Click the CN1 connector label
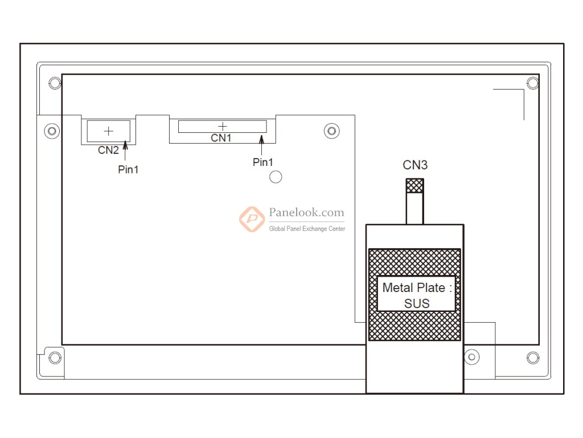221,138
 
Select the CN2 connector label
108,151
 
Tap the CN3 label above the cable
415,165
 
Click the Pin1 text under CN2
128,169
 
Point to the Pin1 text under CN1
262,163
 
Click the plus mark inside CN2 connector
108,131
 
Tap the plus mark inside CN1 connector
223,126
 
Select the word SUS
417,303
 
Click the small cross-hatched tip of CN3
414,186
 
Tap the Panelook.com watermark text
306,213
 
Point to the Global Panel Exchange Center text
307,229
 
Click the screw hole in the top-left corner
55,83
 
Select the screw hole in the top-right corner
533,83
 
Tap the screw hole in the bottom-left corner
55,358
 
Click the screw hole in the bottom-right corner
533,358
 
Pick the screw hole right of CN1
332,131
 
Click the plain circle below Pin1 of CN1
276,177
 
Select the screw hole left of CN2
52,131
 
